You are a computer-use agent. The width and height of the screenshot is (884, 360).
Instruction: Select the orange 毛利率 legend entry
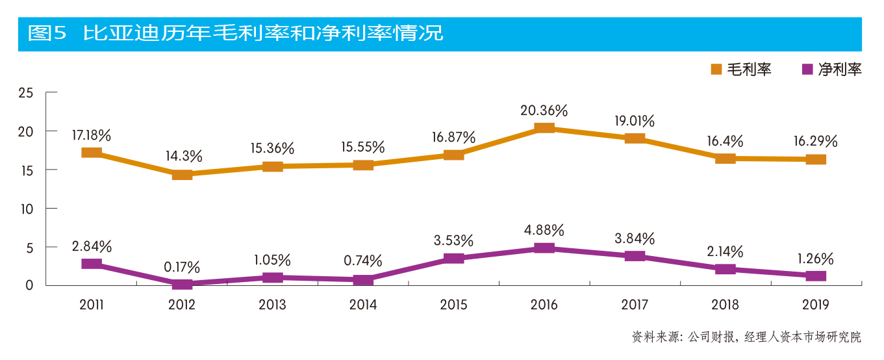pyautogui.click(x=741, y=70)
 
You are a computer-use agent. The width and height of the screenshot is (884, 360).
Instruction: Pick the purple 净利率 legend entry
pyautogui.click(x=832, y=70)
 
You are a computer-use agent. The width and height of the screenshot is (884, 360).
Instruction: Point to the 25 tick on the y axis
pyautogui.click(x=26, y=93)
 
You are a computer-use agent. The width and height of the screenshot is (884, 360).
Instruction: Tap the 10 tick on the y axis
pyautogui.click(x=26, y=209)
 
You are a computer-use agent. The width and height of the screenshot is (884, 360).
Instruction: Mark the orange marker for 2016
pyautogui.click(x=544, y=127)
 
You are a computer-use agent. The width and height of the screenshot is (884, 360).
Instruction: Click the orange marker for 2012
pyautogui.click(x=182, y=174)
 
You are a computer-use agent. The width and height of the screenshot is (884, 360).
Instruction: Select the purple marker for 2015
pyautogui.click(x=453, y=258)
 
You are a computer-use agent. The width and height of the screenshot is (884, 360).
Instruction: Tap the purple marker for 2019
pyautogui.click(x=816, y=276)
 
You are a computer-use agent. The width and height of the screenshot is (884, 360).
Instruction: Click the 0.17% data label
pyautogui.click(x=182, y=267)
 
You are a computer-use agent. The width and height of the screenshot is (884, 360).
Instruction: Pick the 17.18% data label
pyautogui.click(x=92, y=136)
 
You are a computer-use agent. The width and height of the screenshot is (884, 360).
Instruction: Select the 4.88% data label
pyautogui.click(x=544, y=230)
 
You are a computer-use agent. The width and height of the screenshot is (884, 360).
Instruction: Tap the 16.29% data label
pyautogui.click(x=816, y=141)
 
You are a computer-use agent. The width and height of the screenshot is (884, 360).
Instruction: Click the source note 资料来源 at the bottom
pyautogui.click(x=746, y=337)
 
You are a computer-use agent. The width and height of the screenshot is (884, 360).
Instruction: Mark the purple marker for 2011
pyautogui.click(x=92, y=264)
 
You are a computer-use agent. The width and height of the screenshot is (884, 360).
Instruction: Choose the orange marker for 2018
pyautogui.click(x=726, y=158)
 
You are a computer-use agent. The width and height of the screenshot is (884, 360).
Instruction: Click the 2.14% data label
pyautogui.click(x=726, y=251)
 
